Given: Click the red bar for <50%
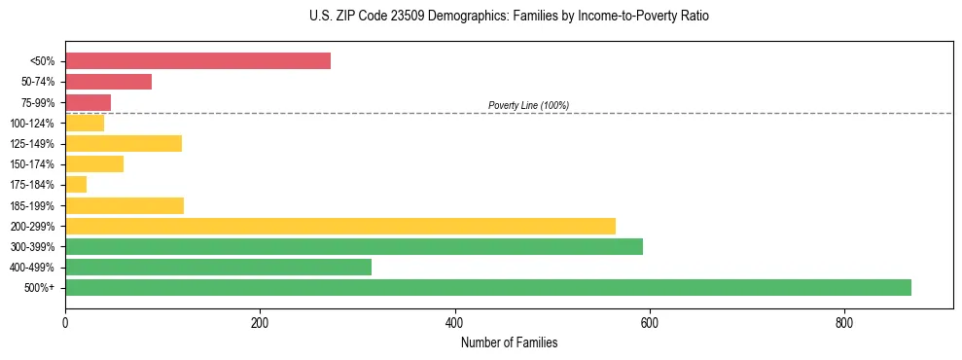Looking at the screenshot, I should point(197,61).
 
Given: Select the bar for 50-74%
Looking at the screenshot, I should point(108,82).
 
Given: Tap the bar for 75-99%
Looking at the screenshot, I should point(88,102).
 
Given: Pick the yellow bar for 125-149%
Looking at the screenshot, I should point(124,144).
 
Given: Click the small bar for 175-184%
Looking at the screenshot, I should point(76,185).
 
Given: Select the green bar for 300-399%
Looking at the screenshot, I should point(354,246).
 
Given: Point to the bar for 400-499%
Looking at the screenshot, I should point(218,267).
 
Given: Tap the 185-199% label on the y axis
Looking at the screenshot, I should point(32,205).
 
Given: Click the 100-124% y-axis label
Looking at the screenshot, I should point(32,124).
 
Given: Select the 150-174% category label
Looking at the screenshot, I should point(32,164).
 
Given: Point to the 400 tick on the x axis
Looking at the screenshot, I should point(454,323).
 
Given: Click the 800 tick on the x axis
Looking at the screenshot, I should point(843,323).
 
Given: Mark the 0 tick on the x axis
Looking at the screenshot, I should point(65,323).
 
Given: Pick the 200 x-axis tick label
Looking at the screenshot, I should point(260,323).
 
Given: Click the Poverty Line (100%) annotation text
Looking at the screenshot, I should point(528,105).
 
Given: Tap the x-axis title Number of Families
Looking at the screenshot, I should point(509,342).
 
